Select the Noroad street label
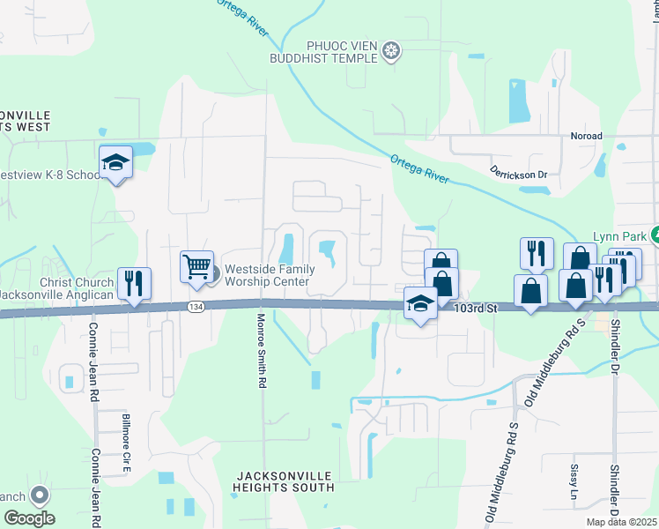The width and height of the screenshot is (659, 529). point(586,137)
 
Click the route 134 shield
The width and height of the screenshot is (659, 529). point(196,306)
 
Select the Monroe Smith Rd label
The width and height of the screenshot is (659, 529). point(262,350)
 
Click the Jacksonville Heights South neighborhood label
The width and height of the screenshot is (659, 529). point(285,481)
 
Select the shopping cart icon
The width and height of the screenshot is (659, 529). point(196,265)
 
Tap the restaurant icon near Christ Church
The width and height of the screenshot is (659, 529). point(134,283)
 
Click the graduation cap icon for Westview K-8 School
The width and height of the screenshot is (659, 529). point(115,162)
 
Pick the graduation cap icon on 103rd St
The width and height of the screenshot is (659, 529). point(420,303)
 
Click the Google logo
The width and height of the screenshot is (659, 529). point(28,518)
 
